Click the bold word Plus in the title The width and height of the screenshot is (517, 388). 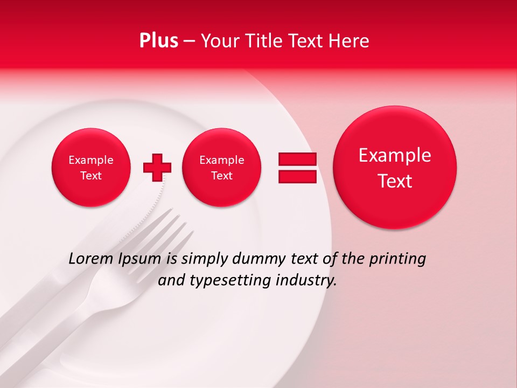pyautogui.click(x=158, y=41)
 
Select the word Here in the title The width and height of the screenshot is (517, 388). pyautogui.click(x=348, y=41)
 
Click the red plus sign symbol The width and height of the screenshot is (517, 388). pyautogui.click(x=157, y=168)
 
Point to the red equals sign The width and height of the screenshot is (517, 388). pyautogui.click(x=297, y=168)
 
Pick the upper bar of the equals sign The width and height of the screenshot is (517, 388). pyautogui.click(x=297, y=160)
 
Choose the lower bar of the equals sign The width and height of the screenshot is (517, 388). pyautogui.click(x=297, y=177)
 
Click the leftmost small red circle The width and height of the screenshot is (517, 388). pyautogui.click(x=91, y=168)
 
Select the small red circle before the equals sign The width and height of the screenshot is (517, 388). pyautogui.click(x=221, y=168)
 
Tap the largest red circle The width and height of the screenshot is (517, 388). pyautogui.click(x=395, y=168)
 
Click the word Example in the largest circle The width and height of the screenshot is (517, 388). pyautogui.click(x=395, y=155)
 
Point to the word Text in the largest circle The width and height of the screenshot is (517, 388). pyautogui.click(x=395, y=181)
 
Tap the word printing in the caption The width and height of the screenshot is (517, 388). pyautogui.click(x=397, y=259)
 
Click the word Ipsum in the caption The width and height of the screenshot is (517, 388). pyautogui.click(x=141, y=259)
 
